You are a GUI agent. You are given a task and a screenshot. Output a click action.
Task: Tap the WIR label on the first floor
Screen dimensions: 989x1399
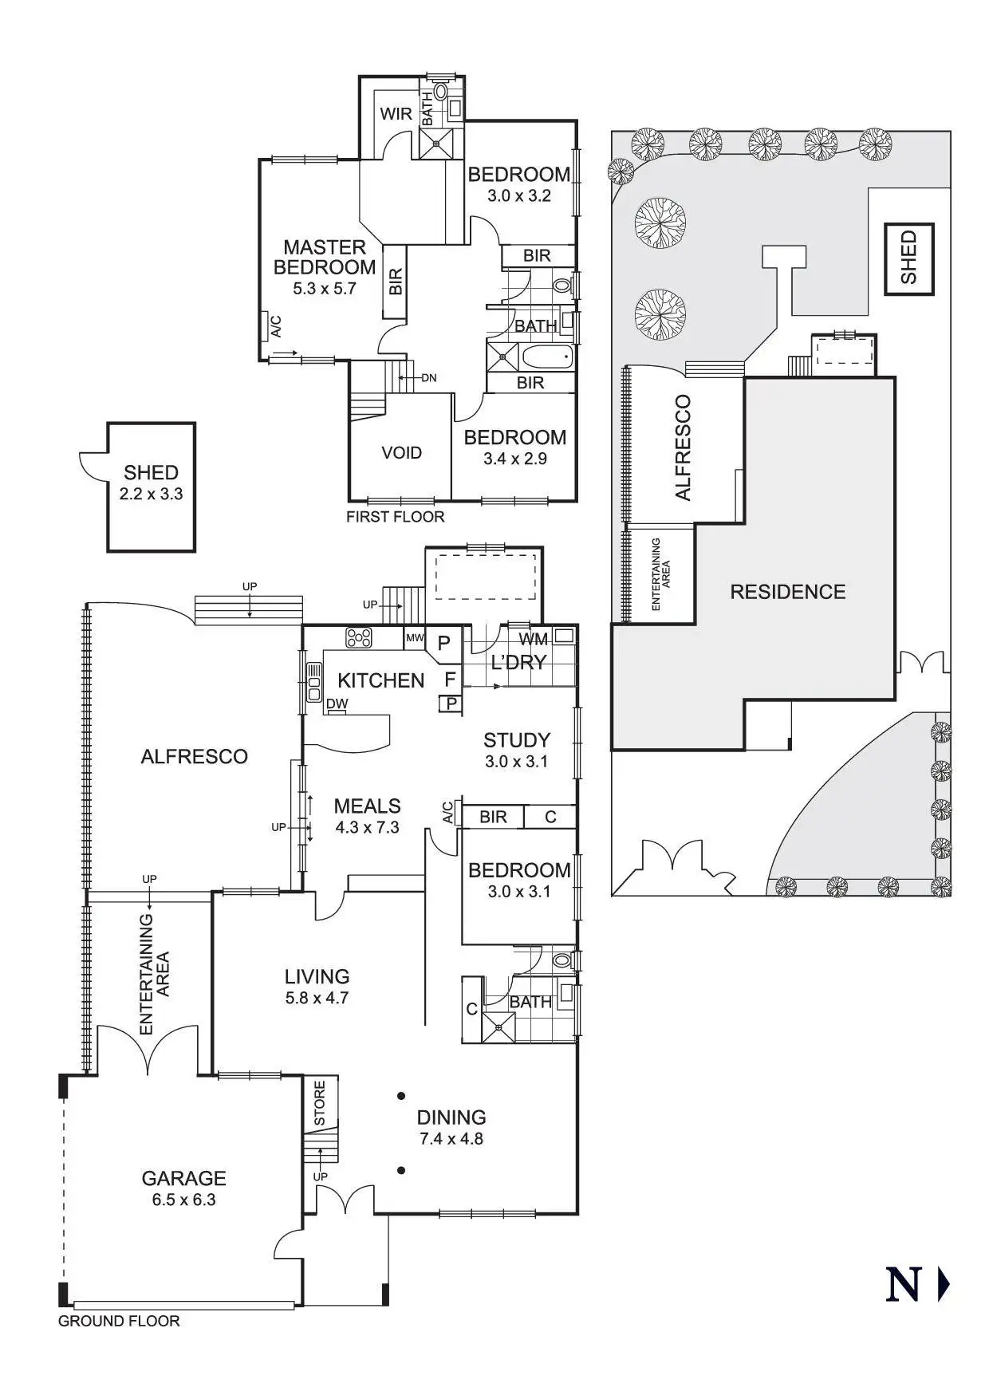point(396,113)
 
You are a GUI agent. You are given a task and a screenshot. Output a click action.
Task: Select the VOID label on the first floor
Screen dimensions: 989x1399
point(401,453)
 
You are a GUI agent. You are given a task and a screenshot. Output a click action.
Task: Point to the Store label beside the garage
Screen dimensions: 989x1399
point(320,1104)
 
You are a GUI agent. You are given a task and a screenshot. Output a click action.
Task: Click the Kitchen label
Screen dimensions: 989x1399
point(380,680)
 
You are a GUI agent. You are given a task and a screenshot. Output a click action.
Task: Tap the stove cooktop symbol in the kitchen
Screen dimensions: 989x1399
point(359,637)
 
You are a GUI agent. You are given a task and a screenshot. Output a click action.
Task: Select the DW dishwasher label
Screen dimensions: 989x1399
point(337,703)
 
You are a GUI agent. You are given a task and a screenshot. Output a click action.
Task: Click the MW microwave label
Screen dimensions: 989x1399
point(415,638)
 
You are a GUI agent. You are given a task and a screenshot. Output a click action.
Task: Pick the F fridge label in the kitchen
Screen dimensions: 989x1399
point(450,680)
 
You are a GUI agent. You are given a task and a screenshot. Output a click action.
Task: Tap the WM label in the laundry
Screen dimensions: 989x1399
point(533,639)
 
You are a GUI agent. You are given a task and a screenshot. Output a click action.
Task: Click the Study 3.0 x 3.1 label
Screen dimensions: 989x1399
point(517,749)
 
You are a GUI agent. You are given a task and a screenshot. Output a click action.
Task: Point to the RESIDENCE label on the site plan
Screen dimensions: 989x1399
point(787,592)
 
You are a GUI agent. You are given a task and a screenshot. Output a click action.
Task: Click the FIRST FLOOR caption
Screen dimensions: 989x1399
point(395,517)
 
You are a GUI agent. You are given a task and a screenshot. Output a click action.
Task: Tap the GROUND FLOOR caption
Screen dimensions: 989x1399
point(119,1321)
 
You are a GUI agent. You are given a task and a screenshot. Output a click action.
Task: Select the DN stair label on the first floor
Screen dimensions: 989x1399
point(428,378)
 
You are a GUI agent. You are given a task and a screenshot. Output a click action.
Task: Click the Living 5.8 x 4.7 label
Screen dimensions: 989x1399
point(317,985)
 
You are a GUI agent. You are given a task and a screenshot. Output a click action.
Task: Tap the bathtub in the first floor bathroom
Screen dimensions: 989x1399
point(547,356)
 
